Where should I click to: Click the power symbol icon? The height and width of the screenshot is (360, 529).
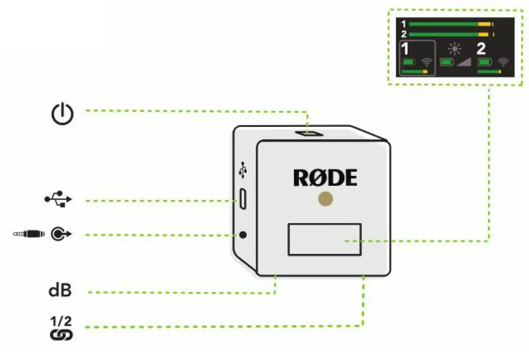pyautogui.click(x=62, y=113)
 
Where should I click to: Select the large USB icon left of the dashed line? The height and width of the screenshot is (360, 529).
pyautogui.click(x=58, y=199)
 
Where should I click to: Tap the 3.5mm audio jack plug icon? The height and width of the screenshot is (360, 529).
pyautogui.click(x=30, y=235)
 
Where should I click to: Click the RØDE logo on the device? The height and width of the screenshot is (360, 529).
pyautogui.click(x=325, y=178)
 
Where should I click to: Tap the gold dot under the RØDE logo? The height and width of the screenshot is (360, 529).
pyautogui.click(x=325, y=199)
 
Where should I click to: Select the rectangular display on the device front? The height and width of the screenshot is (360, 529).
pyautogui.click(x=324, y=239)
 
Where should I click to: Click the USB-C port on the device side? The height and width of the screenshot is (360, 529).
pyautogui.click(x=243, y=199)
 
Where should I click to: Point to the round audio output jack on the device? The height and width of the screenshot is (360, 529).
pyautogui.click(x=243, y=235)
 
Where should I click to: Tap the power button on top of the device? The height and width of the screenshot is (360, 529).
pyautogui.click(x=309, y=133)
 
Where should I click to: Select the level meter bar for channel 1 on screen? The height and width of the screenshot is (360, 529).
pyautogui.click(x=450, y=25)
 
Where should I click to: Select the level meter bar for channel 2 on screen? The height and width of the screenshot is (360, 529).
pyautogui.click(x=450, y=34)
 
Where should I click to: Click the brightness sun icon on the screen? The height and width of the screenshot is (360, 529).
pyautogui.click(x=454, y=48)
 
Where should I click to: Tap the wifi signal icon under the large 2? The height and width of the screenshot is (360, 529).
pyautogui.click(x=503, y=63)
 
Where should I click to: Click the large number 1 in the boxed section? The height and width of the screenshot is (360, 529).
pyautogui.click(x=405, y=49)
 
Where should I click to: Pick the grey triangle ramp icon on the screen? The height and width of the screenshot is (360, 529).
pyautogui.click(x=464, y=63)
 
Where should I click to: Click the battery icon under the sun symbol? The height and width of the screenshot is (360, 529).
pyautogui.click(x=447, y=63)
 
